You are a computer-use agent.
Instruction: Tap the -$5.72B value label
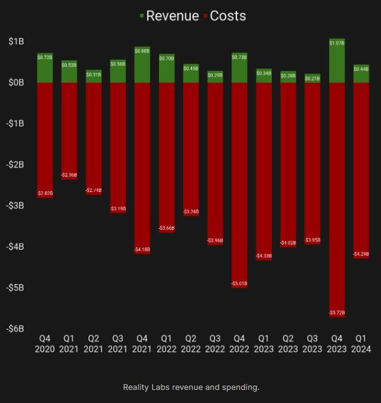click(337, 313)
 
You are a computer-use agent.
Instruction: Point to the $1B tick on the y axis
click(16, 41)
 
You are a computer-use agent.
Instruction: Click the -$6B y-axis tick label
click(16, 328)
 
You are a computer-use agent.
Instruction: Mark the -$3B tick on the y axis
click(16, 205)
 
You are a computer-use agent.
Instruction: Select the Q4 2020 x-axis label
click(45, 344)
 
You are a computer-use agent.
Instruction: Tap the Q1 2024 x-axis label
click(361, 344)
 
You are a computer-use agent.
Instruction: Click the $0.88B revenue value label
click(142, 51)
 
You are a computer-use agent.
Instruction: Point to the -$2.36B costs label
click(69, 175)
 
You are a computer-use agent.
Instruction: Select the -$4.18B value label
click(142, 250)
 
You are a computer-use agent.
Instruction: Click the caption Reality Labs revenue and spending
click(191, 387)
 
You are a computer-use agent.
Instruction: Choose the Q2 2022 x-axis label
click(191, 344)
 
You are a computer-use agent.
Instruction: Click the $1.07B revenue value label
click(337, 43)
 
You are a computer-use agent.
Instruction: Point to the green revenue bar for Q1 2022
click(166, 72)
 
